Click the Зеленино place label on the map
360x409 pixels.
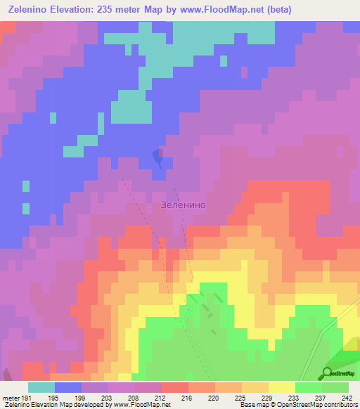[183, 205]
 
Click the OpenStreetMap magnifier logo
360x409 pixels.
[328, 373]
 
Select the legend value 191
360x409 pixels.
[27, 397]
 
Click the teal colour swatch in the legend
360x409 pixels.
[41, 387]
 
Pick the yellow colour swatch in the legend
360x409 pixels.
[282, 387]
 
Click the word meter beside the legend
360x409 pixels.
[11, 397]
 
